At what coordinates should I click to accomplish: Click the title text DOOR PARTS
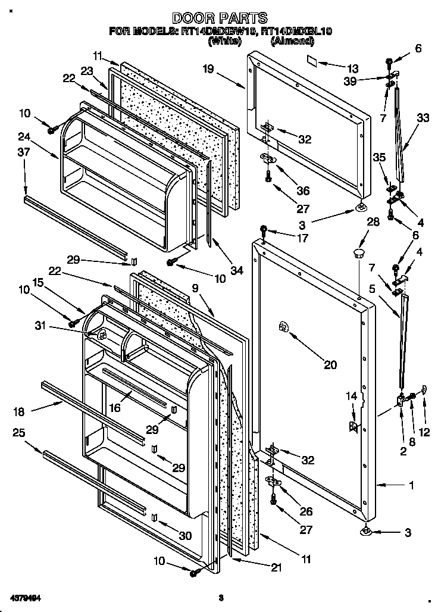[x=219, y=18]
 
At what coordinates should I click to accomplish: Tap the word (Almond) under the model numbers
[x=292, y=41]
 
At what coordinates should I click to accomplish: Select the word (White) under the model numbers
[x=224, y=41]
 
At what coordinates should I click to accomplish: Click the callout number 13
[x=353, y=68]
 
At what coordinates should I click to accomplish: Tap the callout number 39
[x=351, y=81]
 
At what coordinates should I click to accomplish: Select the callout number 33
[x=422, y=118]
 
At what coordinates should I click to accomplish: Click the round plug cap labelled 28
[x=358, y=254]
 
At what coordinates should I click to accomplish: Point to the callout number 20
[x=330, y=365]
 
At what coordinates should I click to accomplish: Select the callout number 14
[x=352, y=396]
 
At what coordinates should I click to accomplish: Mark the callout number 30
[x=185, y=536]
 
